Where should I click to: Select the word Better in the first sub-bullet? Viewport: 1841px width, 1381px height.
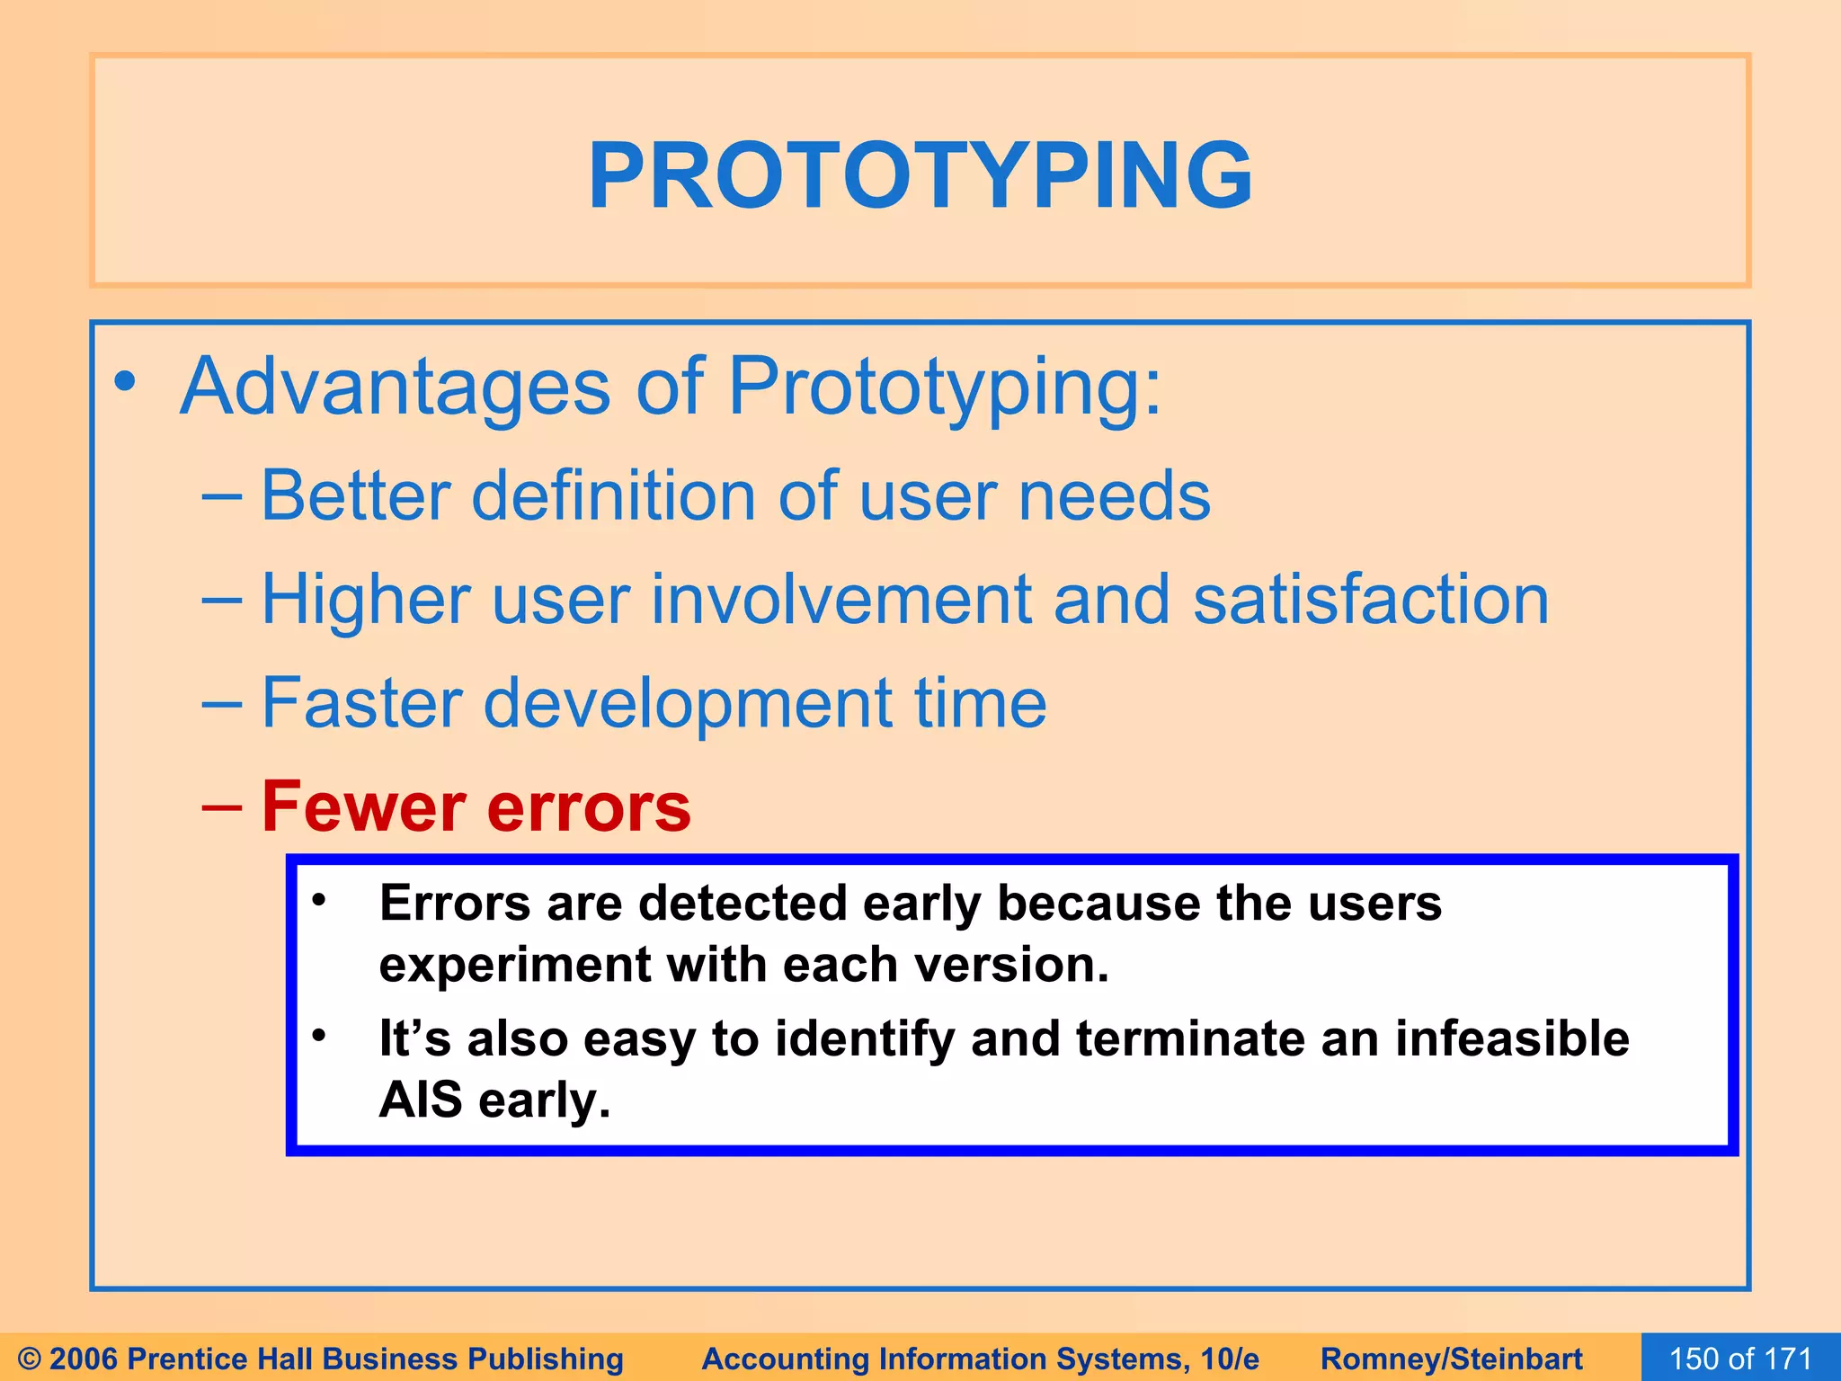[355, 496]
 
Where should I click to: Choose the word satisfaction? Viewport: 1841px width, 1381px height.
[1371, 600]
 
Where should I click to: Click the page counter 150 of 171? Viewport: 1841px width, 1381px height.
[1740, 1359]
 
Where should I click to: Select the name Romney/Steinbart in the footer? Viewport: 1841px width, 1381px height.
[1451, 1359]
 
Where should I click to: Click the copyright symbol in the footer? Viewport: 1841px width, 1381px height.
[30, 1359]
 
